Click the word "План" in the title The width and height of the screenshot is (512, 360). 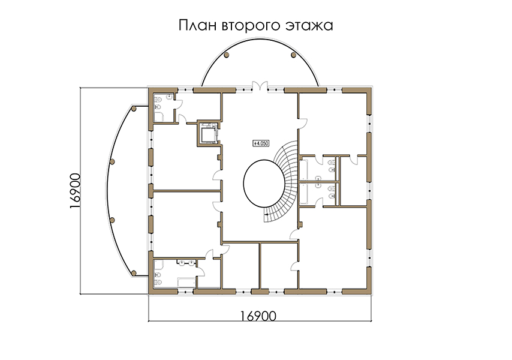click(197, 25)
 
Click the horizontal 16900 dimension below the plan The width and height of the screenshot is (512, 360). click(258, 316)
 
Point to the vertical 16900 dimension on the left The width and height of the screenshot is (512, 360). click(75, 191)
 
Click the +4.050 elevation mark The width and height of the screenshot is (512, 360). click(261, 143)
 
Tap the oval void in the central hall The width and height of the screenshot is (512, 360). click(264, 183)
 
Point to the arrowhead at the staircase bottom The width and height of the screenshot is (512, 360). click(266, 215)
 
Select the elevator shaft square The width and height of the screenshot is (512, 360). click(208, 134)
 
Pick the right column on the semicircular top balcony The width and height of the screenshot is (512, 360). click(293, 55)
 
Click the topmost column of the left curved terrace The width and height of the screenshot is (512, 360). click(134, 109)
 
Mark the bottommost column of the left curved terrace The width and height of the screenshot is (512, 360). click(134, 273)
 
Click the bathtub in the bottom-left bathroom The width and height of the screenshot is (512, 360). click(186, 282)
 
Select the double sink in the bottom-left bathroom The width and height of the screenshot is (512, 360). click(186, 262)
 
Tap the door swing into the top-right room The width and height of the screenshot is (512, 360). click(303, 123)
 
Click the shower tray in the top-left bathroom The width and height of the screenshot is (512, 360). click(159, 117)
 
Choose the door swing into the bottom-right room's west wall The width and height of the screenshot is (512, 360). click(294, 266)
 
